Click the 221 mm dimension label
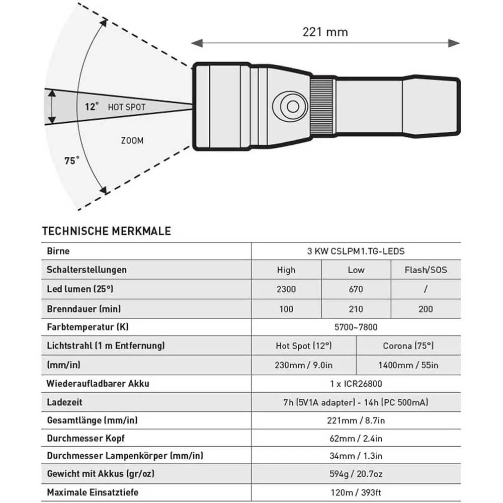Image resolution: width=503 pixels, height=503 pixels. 325,32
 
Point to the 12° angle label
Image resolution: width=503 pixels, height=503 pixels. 92,107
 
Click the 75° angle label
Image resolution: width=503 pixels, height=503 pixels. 72,161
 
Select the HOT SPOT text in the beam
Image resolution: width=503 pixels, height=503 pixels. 126,107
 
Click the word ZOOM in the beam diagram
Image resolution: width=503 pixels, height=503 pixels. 132,141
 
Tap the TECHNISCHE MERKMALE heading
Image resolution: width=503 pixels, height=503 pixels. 107,231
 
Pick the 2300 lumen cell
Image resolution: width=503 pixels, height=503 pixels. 286,289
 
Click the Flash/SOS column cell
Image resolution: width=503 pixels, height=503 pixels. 426,270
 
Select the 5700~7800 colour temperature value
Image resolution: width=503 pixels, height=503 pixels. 356,327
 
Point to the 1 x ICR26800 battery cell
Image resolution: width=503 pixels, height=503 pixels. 356,384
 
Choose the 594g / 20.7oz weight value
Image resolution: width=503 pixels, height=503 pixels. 356,473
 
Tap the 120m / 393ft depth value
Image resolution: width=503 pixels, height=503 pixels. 356,492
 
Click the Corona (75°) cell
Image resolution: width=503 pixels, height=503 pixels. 408,346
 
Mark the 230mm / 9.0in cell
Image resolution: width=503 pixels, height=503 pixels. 303,365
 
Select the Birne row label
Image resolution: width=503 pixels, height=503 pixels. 58,251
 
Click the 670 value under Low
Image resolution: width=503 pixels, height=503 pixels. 356,289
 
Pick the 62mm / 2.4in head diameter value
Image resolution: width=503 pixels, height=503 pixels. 356,438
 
